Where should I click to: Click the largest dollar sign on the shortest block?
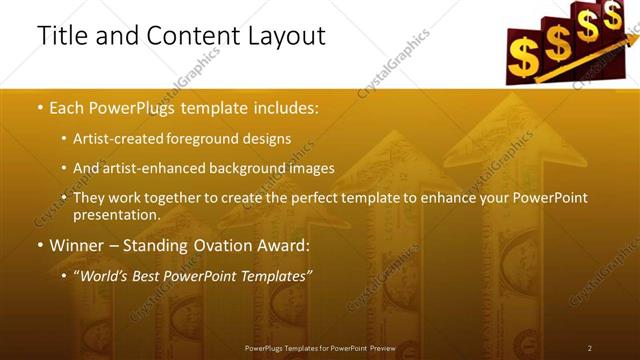[x=522, y=57]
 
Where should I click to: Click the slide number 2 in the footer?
[x=590, y=347]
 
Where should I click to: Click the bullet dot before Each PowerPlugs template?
[x=40, y=107]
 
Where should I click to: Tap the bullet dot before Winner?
[x=40, y=246]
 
